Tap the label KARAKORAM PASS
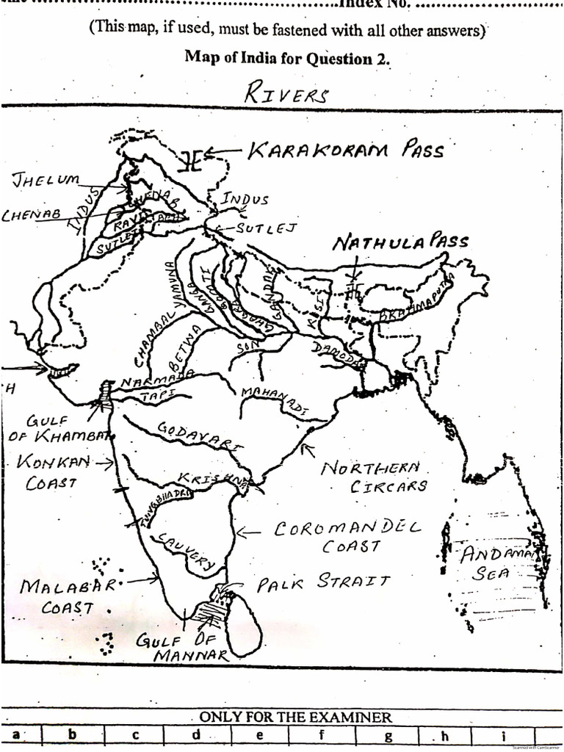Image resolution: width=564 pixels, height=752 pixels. click(345, 151)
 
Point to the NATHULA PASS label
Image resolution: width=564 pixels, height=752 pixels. click(399, 242)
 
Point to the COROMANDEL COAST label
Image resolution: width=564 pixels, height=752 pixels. click(349, 537)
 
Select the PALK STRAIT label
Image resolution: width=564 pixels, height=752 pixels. click(323, 583)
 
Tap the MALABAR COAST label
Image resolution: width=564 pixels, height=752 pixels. click(68, 596)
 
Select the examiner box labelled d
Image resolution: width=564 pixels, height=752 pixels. click(196, 734)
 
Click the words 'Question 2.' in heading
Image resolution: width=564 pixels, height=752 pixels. click(352, 58)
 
